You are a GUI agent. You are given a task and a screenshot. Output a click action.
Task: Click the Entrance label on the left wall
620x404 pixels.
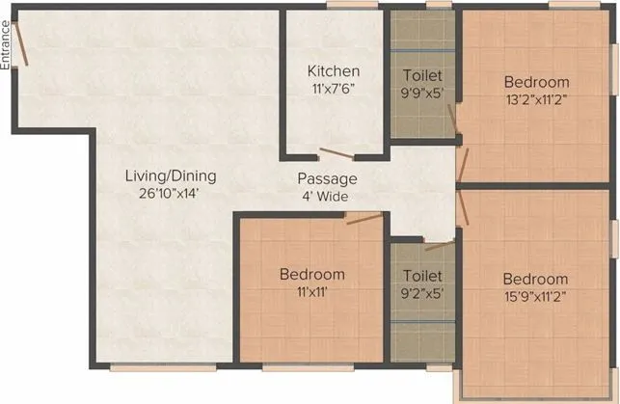pyautogui.click(x=7, y=43)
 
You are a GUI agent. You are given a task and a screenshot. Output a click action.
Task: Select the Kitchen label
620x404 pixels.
pyautogui.click(x=334, y=71)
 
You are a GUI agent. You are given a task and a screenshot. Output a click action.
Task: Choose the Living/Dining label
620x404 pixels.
pyautogui.click(x=170, y=176)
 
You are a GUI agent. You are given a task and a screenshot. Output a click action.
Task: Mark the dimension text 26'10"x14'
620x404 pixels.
pyautogui.click(x=170, y=193)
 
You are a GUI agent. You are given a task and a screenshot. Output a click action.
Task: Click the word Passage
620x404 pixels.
pyautogui.click(x=327, y=179)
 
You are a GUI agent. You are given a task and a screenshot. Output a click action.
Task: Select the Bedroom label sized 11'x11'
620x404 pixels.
pyautogui.click(x=312, y=275)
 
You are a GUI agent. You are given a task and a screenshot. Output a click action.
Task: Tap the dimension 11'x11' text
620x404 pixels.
pyautogui.click(x=312, y=291)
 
